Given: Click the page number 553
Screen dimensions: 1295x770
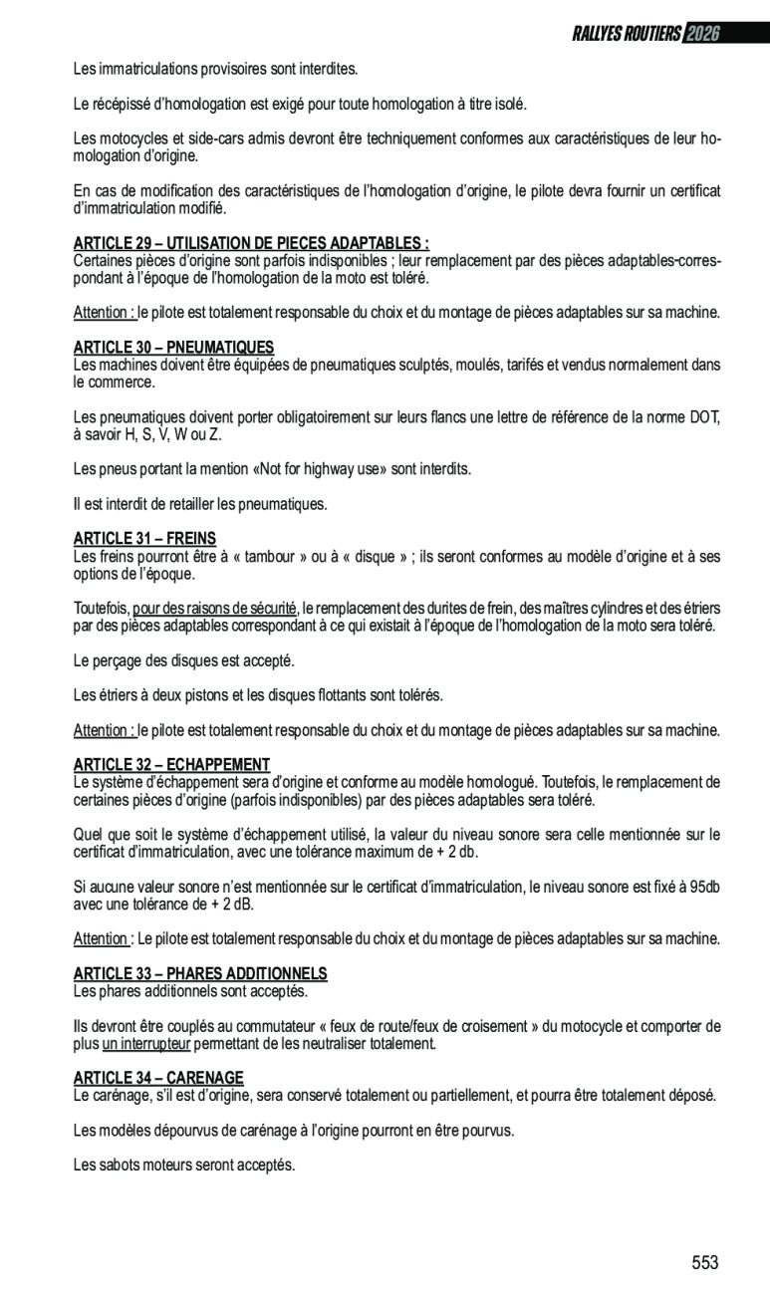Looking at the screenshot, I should point(704,1263).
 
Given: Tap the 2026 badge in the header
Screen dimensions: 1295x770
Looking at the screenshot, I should point(701,34).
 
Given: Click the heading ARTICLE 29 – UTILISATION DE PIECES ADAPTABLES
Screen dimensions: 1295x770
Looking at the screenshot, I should point(251,243).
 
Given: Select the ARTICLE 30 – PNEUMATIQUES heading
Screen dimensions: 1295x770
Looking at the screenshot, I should point(173,348).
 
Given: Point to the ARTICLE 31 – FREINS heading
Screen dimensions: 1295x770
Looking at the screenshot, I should point(144,538).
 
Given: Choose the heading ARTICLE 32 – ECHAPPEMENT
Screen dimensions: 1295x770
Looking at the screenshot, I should point(171,764).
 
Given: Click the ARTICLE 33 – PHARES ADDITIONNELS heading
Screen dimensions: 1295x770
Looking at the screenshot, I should point(200,972).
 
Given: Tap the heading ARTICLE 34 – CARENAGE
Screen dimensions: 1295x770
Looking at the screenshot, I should point(158,1077).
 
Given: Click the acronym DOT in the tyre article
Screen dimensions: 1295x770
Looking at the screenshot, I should point(704,417).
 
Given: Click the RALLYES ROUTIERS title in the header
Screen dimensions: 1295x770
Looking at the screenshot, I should point(627,34).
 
